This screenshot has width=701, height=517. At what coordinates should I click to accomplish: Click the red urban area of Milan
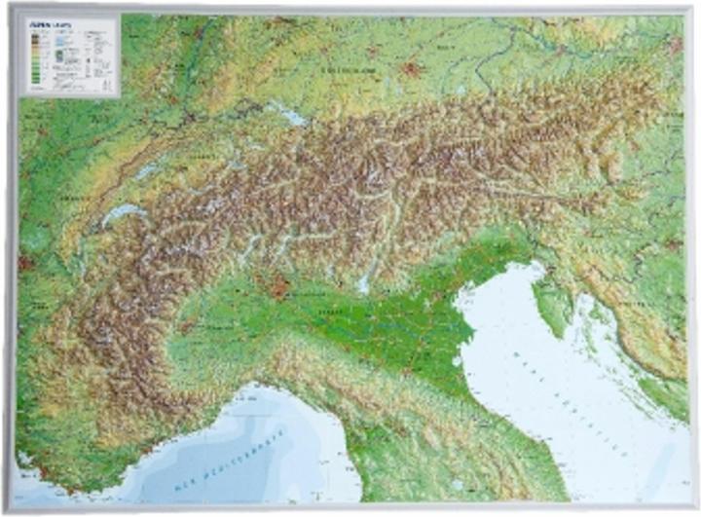[280, 288]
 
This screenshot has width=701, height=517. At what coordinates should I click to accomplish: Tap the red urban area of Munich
[411, 69]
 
